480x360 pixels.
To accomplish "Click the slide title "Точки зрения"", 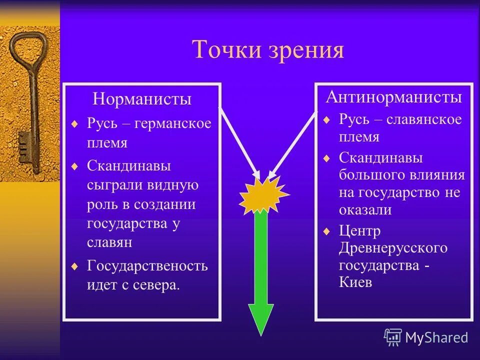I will (268, 50).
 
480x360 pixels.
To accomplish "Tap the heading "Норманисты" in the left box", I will (142, 99).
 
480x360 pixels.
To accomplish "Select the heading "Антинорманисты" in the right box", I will (393, 96).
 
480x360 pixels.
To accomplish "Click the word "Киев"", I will (355, 282).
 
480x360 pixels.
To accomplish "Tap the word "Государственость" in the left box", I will (147, 265).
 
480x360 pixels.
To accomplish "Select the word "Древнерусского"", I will (393, 248).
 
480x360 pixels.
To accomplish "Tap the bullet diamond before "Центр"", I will (326, 231).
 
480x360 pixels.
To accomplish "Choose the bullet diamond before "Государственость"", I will (74, 265).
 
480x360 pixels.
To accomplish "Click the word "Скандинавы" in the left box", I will (129, 165).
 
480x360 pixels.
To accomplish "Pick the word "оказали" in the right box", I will (365, 210).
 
